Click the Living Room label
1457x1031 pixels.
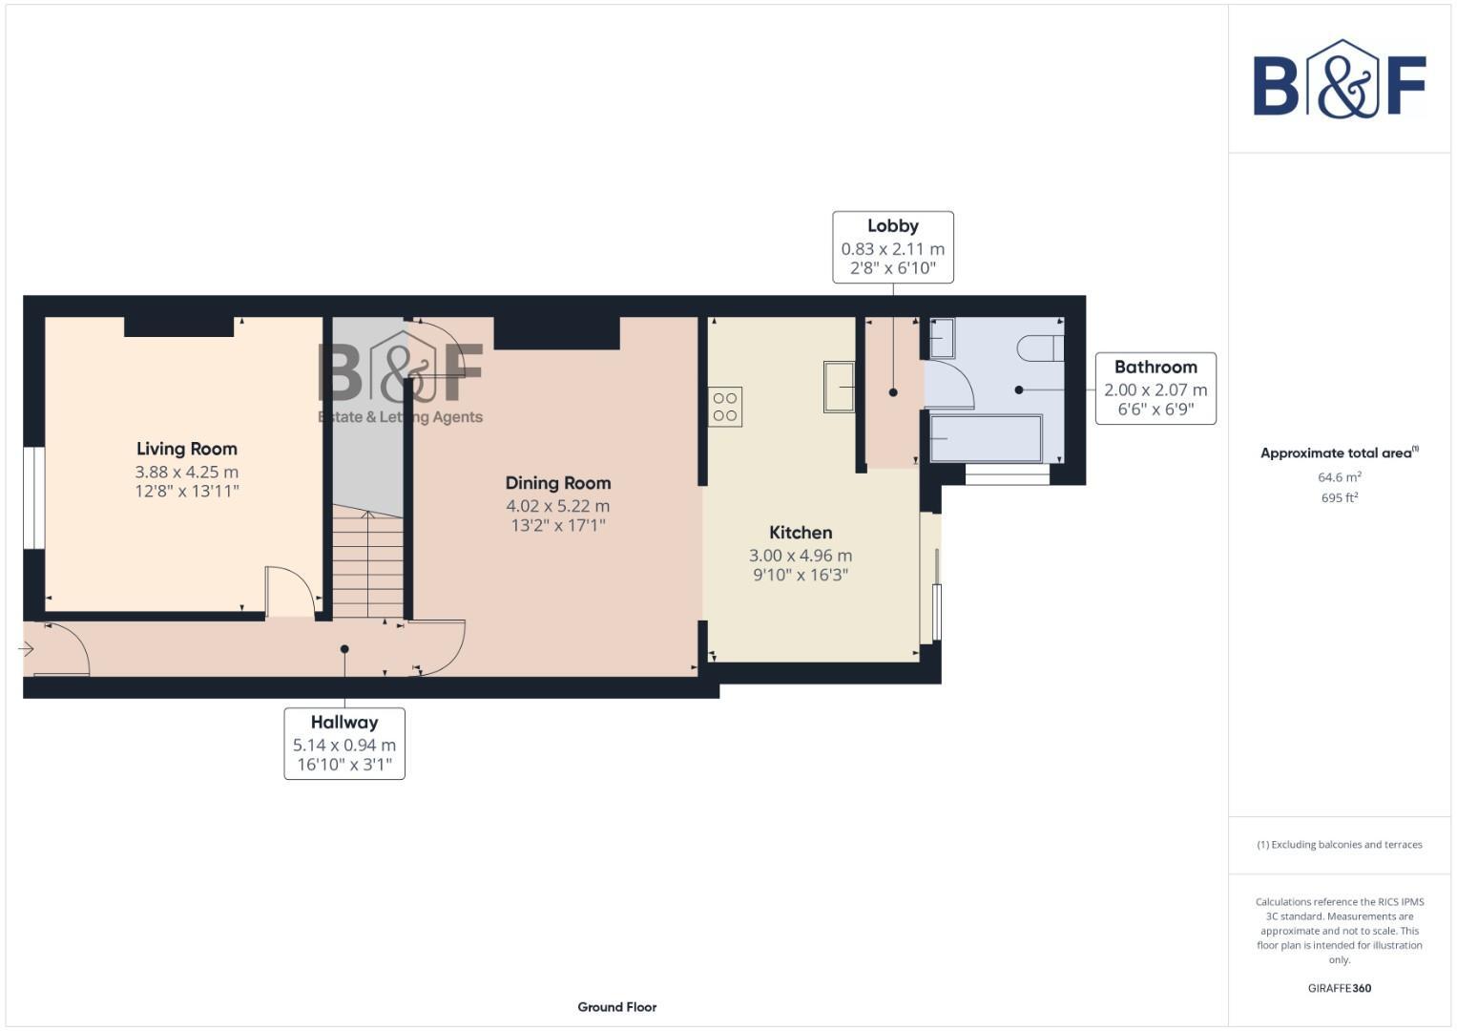click(186, 449)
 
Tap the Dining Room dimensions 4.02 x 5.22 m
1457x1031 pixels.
click(557, 506)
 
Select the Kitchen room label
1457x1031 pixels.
click(801, 533)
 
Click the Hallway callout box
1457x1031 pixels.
click(344, 743)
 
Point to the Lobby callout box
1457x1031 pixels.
click(892, 247)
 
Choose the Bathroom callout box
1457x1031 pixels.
click(1155, 389)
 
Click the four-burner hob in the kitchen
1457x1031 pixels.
click(725, 407)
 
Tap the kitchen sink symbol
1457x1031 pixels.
click(840, 386)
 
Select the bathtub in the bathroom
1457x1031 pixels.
click(986, 439)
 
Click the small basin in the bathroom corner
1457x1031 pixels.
click(942, 338)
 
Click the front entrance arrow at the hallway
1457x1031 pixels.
click(26, 649)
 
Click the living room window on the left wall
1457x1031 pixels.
click(34, 498)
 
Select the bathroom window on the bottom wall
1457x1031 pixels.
click(1007, 473)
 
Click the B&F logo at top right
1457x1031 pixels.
click(1339, 80)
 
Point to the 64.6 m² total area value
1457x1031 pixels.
click(1339, 477)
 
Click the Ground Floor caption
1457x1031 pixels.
click(616, 1006)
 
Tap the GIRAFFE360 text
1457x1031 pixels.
click(1339, 988)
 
